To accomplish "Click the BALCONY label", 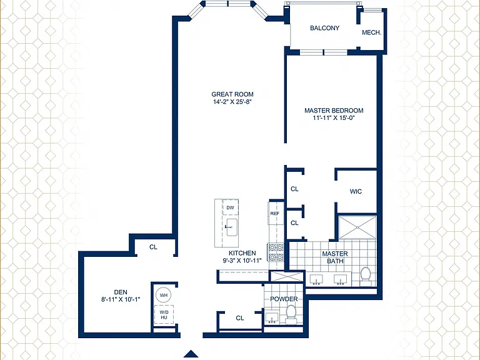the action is pos(324,28).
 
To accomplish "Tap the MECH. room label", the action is pos(372,32).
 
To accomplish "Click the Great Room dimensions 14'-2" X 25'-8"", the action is pos(232,102).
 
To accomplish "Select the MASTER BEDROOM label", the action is pos(334,111).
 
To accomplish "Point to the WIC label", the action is pos(356,192).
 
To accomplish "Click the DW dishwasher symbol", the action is pos(230,207).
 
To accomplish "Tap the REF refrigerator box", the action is pos(275,213).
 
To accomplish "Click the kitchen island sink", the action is pos(232,227).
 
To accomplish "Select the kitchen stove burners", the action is pos(276,252).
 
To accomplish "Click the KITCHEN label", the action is pos(242,253).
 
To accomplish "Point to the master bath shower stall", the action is pos(357,227).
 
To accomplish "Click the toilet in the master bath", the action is pos(365,274).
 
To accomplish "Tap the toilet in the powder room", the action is pos(291,314).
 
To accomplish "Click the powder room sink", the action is pos(271,317).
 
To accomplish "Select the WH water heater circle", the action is pos(164,296).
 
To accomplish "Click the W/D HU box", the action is pos(164,314).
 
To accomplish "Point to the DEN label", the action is pos(121,292).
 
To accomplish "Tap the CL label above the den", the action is pos(153,247).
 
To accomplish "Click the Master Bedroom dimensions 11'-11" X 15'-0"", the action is pos(334,118).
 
